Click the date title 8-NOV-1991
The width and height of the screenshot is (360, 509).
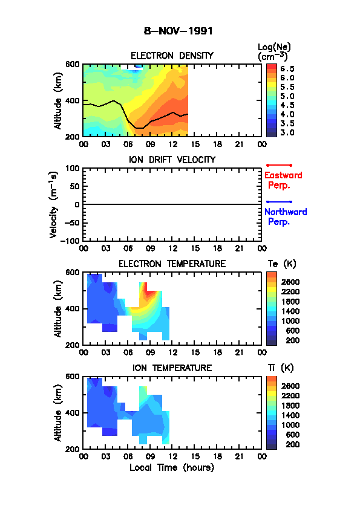click(x=178, y=31)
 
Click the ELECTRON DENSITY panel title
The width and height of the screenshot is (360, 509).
click(x=172, y=56)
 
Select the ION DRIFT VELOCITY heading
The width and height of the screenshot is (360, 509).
click(x=172, y=160)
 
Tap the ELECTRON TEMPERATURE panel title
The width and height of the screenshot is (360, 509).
click(x=172, y=264)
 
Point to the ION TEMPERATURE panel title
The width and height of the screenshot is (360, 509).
click(x=172, y=368)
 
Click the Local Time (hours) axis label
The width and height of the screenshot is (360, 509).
click(x=172, y=468)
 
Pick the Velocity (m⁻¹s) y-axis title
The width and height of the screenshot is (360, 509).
click(x=53, y=204)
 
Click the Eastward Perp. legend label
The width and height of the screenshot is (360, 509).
click(x=283, y=180)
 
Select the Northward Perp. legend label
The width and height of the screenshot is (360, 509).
click(x=286, y=217)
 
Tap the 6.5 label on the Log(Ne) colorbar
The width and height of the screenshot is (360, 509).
click(x=287, y=69)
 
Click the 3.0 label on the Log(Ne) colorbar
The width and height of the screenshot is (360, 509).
click(x=287, y=132)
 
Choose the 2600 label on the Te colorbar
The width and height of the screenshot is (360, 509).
click(x=290, y=282)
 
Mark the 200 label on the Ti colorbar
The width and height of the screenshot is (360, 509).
click(x=292, y=444)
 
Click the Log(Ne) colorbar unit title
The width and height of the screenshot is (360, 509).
click(x=274, y=52)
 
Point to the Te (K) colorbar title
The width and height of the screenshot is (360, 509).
click(x=282, y=264)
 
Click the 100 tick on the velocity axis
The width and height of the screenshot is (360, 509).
click(x=73, y=168)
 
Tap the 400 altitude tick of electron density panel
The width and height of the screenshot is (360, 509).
click(x=73, y=100)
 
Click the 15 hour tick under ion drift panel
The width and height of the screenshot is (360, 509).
click(x=195, y=248)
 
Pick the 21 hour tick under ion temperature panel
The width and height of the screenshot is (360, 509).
click(x=240, y=456)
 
